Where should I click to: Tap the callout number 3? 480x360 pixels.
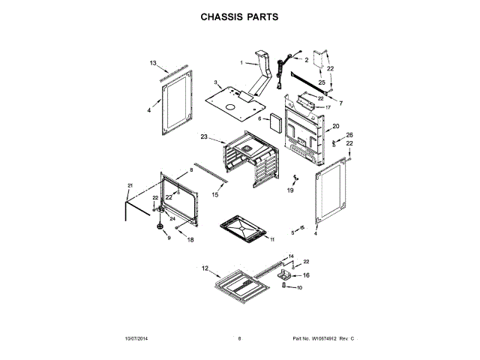pyautogui.click(x=215, y=82)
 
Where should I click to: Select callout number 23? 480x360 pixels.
pyautogui.click(x=203, y=136)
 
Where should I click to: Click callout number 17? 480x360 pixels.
pyautogui.click(x=328, y=107)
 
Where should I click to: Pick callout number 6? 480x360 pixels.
pyautogui.click(x=259, y=118)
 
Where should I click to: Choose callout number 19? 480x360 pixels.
pyautogui.click(x=290, y=191)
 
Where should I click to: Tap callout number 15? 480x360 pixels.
pyautogui.click(x=214, y=194)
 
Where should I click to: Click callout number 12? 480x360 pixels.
pyautogui.click(x=204, y=268)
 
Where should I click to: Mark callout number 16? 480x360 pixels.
pyautogui.click(x=305, y=275)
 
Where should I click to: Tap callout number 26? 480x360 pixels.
pyautogui.click(x=349, y=135)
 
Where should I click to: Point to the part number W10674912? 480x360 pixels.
pyautogui.click(x=323, y=339)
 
